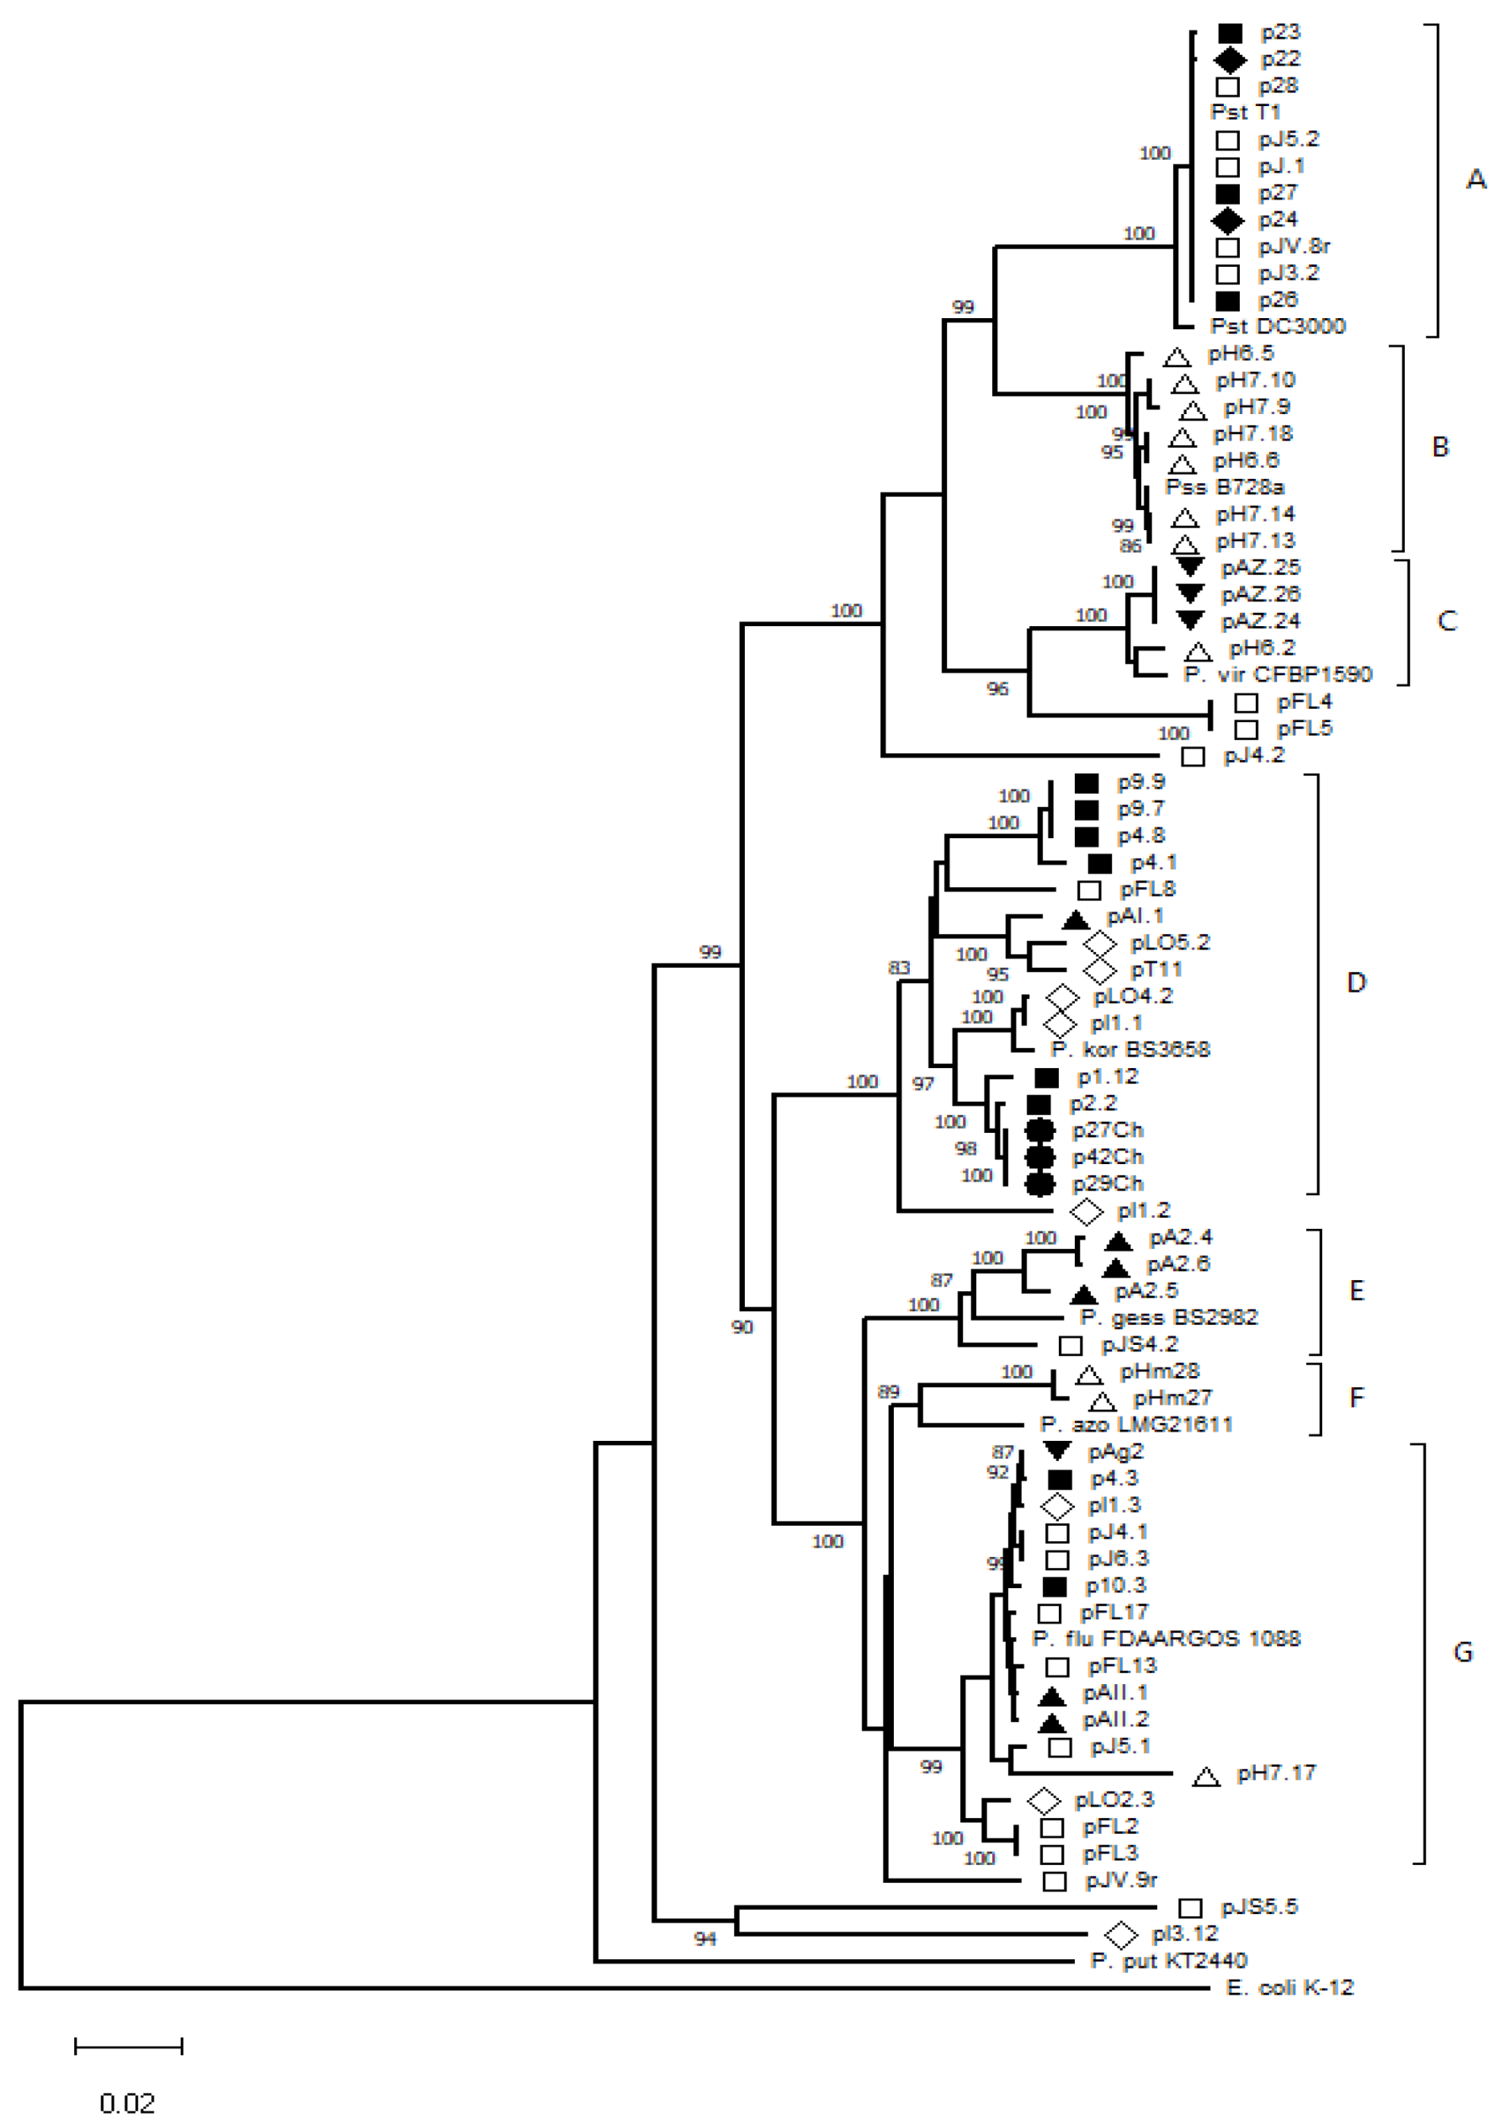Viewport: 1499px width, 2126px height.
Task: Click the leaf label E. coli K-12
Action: click(x=1289, y=1987)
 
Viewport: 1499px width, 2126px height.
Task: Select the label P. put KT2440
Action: click(x=1168, y=1960)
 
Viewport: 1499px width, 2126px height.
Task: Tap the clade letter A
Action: click(x=1475, y=178)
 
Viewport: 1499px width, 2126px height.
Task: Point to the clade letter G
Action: click(x=1463, y=1652)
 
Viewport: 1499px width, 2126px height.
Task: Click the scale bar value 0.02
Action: click(x=127, y=2102)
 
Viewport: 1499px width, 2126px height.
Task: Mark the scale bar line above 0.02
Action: click(x=129, y=2046)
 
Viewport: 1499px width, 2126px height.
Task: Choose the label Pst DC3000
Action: click(x=1278, y=326)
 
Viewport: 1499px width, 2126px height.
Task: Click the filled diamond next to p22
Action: click(x=1230, y=61)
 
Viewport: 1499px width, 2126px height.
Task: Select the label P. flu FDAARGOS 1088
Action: click(x=1167, y=1638)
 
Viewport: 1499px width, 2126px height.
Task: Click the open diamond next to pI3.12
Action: click(x=1120, y=1934)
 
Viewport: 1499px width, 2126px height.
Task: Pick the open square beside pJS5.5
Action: click(x=1190, y=1907)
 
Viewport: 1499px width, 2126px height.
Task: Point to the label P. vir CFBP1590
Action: click(x=1278, y=674)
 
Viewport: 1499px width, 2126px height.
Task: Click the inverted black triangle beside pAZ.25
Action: click(x=1190, y=566)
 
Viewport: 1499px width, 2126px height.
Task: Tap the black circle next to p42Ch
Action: click(x=1039, y=1156)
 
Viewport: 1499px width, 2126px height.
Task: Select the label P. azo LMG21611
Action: click(x=1136, y=1424)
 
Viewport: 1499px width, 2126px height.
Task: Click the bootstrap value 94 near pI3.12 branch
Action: click(x=704, y=1939)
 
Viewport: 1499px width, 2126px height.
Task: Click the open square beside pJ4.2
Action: click(x=1193, y=757)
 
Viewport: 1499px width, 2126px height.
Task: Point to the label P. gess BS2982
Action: click(x=1168, y=1316)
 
